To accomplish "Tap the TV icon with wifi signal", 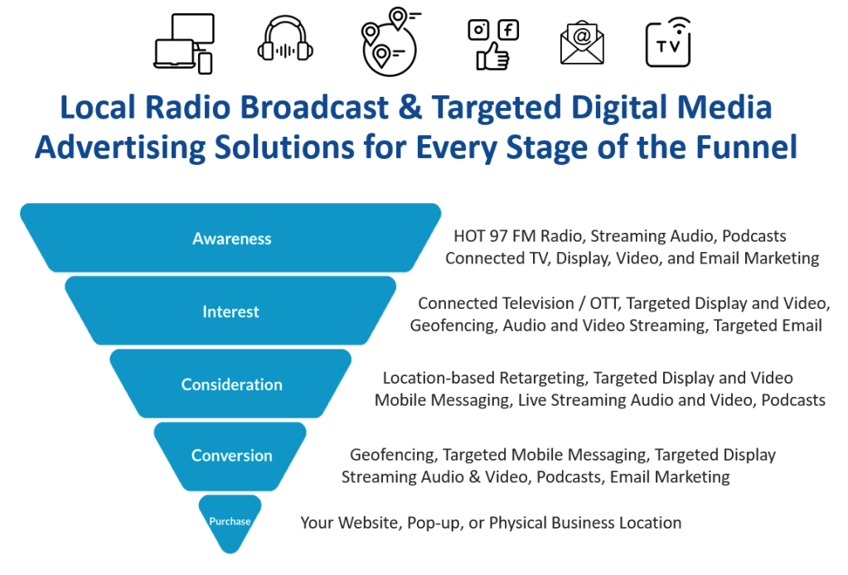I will [x=668, y=42].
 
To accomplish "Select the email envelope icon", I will [x=582, y=41].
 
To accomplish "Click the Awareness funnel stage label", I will [x=232, y=239].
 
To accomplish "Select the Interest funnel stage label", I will [x=230, y=312].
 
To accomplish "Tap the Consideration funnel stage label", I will [x=232, y=384].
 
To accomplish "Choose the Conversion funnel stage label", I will [x=231, y=456].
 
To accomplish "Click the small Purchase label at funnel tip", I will [x=230, y=521].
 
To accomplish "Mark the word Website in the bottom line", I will [x=368, y=523].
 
